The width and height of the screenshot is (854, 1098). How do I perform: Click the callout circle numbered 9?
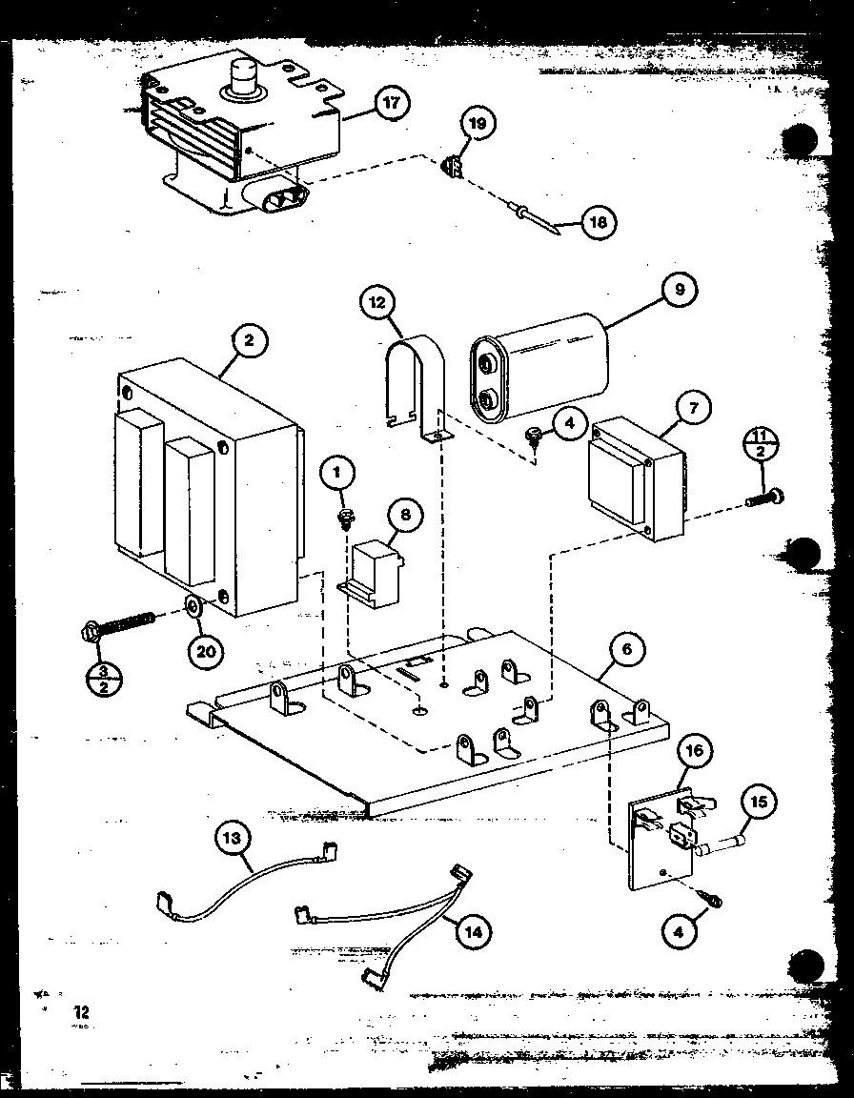click(680, 289)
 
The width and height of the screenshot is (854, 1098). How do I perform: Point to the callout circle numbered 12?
click(377, 303)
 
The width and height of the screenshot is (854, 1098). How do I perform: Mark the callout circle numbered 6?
click(626, 650)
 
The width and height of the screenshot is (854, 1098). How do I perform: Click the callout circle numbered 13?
click(234, 838)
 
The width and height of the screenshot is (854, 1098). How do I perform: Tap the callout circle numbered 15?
click(757, 802)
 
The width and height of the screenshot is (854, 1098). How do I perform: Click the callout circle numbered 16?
click(695, 750)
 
